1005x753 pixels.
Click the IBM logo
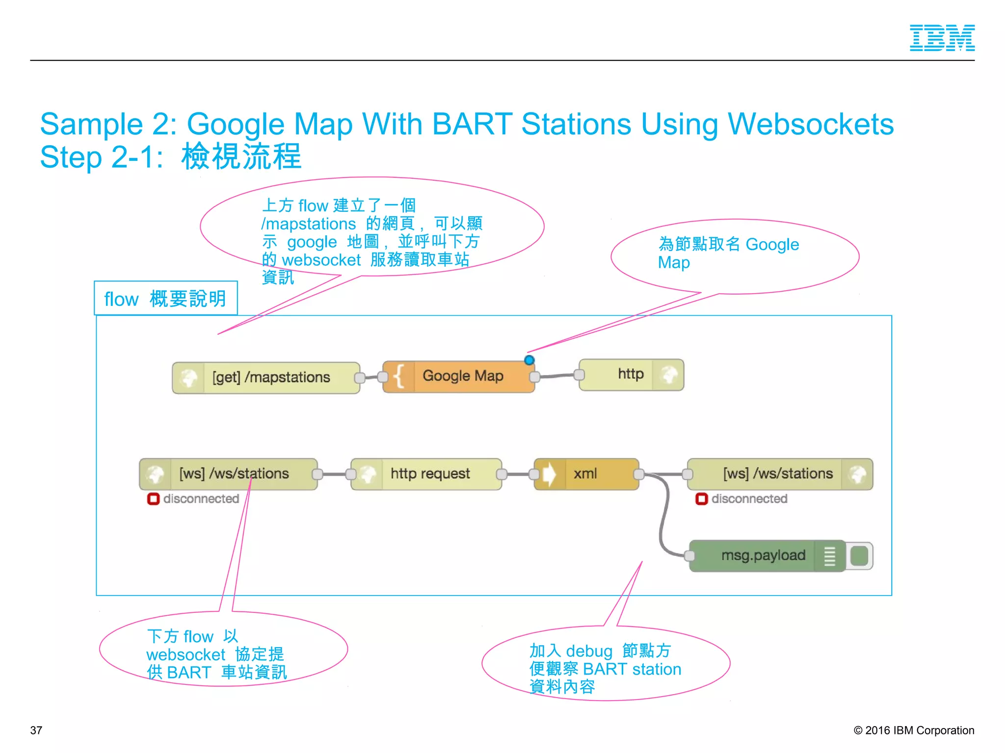point(942,38)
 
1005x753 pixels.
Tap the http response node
point(630,375)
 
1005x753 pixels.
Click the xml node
point(586,474)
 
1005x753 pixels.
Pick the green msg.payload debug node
point(763,555)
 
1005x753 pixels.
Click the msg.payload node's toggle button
point(859,556)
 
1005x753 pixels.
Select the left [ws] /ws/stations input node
point(233,474)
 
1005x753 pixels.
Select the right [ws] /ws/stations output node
point(777,474)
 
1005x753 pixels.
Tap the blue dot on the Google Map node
point(529,360)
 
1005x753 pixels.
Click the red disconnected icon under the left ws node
point(153,499)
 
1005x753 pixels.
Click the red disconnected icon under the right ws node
point(701,499)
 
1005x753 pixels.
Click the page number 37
point(36,730)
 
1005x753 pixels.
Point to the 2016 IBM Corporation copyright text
point(914,730)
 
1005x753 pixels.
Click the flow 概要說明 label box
point(165,299)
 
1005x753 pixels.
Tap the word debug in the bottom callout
point(589,651)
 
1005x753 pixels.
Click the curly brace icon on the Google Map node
point(398,376)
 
